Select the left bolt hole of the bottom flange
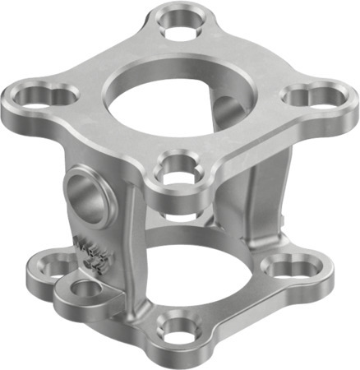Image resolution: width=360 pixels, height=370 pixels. click(x=58, y=265)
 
